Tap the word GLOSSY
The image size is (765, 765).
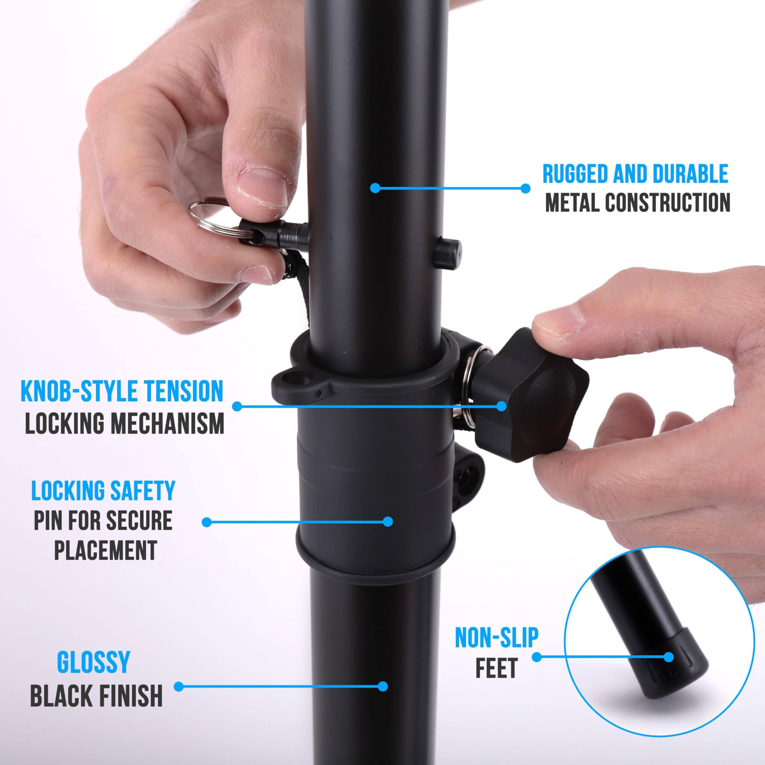click(x=94, y=662)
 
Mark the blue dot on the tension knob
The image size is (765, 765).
click(x=501, y=406)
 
